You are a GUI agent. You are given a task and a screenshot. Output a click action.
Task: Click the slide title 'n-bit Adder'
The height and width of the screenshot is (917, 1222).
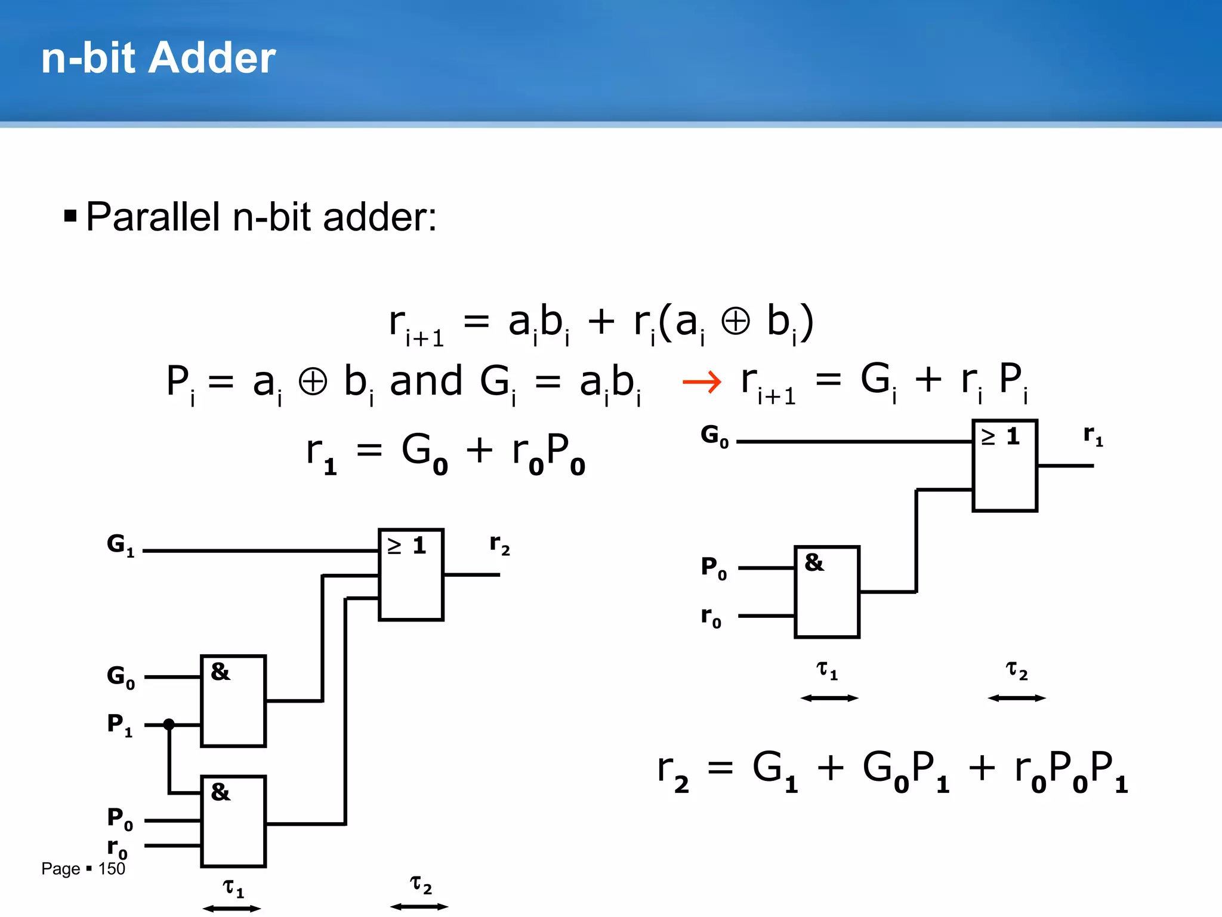click(158, 58)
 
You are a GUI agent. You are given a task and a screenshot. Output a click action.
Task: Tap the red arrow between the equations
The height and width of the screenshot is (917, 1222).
click(702, 381)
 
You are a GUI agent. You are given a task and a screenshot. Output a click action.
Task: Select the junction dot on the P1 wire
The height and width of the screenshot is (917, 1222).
click(169, 724)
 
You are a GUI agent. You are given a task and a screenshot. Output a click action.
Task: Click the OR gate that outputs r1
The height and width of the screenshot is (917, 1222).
click(1005, 466)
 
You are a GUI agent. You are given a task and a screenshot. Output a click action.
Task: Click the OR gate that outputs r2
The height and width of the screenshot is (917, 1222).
click(411, 574)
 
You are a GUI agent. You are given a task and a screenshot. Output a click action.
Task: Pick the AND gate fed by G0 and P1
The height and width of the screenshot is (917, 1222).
click(233, 701)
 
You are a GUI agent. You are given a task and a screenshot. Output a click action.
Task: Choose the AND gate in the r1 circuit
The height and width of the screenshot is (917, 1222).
click(827, 592)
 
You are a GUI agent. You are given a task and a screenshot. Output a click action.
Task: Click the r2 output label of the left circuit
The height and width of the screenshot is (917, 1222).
click(499, 544)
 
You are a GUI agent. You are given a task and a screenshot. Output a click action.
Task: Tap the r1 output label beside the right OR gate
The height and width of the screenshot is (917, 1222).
click(1093, 435)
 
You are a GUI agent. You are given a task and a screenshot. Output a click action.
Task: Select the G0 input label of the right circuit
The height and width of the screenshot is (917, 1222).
click(714, 436)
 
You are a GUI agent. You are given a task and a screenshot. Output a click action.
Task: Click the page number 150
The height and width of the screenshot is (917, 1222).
click(112, 869)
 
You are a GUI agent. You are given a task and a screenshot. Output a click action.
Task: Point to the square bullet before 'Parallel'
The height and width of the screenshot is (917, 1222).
click(70, 216)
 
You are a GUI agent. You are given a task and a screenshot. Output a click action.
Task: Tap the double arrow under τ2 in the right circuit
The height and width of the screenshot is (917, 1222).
click(1017, 698)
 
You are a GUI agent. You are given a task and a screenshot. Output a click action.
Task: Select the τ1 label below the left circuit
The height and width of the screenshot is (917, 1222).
click(233, 888)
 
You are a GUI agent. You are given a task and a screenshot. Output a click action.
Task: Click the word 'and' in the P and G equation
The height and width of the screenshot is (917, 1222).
click(426, 381)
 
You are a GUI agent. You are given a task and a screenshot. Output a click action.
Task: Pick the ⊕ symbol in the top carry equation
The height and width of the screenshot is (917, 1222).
click(735, 322)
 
